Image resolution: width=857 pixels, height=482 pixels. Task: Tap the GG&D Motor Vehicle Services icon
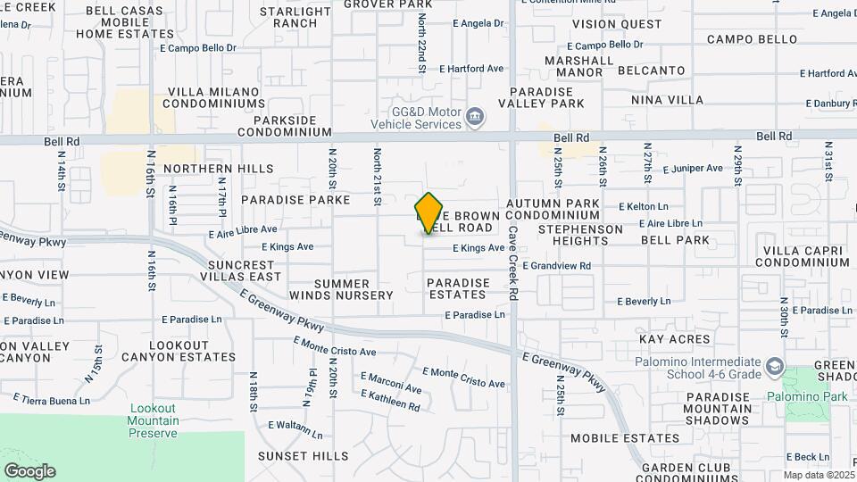coord(476,115)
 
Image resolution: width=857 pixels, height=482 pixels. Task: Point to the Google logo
coord(29,471)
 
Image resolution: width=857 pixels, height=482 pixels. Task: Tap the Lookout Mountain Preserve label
coord(154,421)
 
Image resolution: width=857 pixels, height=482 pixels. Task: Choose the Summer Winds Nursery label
coord(340,289)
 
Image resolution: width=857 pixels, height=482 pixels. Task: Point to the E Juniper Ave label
coord(693,168)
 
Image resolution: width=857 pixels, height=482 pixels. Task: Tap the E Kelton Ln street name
coord(643,207)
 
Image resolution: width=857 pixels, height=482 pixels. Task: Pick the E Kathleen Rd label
coord(390,400)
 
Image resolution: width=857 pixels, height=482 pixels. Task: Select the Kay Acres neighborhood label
coord(675,339)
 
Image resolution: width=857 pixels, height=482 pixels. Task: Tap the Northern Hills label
coord(205,169)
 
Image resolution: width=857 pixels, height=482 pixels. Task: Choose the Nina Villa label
coord(667,100)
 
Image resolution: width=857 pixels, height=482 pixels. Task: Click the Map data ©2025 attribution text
coord(818,475)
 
